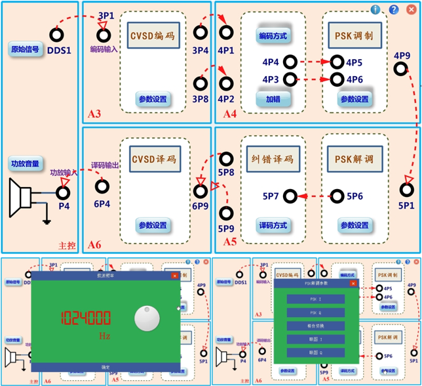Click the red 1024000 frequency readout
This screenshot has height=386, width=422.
(85, 319)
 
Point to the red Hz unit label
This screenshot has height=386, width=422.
(104, 336)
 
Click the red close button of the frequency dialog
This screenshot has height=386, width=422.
(175, 276)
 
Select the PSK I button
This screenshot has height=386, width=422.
(316, 299)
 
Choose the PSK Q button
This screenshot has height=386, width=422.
(316, 312)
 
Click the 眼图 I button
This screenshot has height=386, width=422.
(316, 339)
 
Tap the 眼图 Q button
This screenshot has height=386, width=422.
(316, 353)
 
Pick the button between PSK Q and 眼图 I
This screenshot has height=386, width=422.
(316, 326)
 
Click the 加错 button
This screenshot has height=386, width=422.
(273, 99)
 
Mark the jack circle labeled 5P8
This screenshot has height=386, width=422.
(227, 159)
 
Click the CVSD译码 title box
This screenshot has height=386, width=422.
(155, 160)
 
